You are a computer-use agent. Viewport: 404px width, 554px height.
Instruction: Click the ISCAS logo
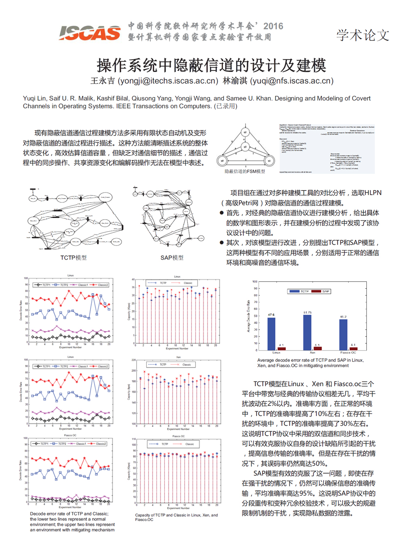point(90,33)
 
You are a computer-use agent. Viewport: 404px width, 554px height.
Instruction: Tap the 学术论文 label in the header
point(362,35)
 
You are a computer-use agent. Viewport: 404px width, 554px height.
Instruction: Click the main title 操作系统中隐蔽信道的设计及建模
point(211,65)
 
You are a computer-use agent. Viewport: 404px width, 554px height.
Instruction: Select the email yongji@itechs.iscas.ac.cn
point(168,81)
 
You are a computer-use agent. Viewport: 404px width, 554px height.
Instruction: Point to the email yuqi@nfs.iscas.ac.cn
point(292,81)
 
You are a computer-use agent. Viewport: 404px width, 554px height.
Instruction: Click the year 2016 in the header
point(273,26)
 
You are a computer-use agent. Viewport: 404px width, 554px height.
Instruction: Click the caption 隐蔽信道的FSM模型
point(245,171)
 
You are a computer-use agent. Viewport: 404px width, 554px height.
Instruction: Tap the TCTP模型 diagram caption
point(74,258)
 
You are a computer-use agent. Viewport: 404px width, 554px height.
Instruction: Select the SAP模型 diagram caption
point(172,258)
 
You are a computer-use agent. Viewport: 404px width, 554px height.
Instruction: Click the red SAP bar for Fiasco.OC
point(353,349)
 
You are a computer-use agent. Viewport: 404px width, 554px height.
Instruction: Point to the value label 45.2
point(343,317)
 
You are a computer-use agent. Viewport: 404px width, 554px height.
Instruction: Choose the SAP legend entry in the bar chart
point(322,291)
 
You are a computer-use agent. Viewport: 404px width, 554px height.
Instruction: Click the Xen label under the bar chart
point(312,353)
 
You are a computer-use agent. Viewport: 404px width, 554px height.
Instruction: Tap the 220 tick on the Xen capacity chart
point(134,360)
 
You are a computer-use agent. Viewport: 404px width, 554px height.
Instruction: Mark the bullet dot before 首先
point(221,213)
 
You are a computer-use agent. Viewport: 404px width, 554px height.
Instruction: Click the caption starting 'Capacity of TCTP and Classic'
point(176,517)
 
